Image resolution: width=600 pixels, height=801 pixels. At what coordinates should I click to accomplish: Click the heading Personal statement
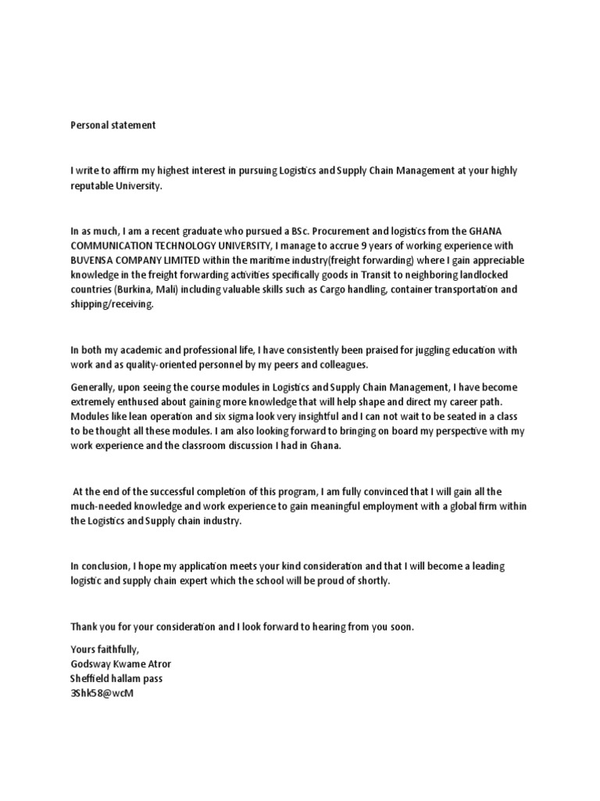[113, 125]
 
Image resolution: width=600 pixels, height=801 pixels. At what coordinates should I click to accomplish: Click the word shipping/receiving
[112, 304]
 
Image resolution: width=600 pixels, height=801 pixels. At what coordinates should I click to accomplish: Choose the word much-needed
[102, 506]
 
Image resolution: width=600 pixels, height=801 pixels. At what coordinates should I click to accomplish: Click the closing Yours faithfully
[105, 649]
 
